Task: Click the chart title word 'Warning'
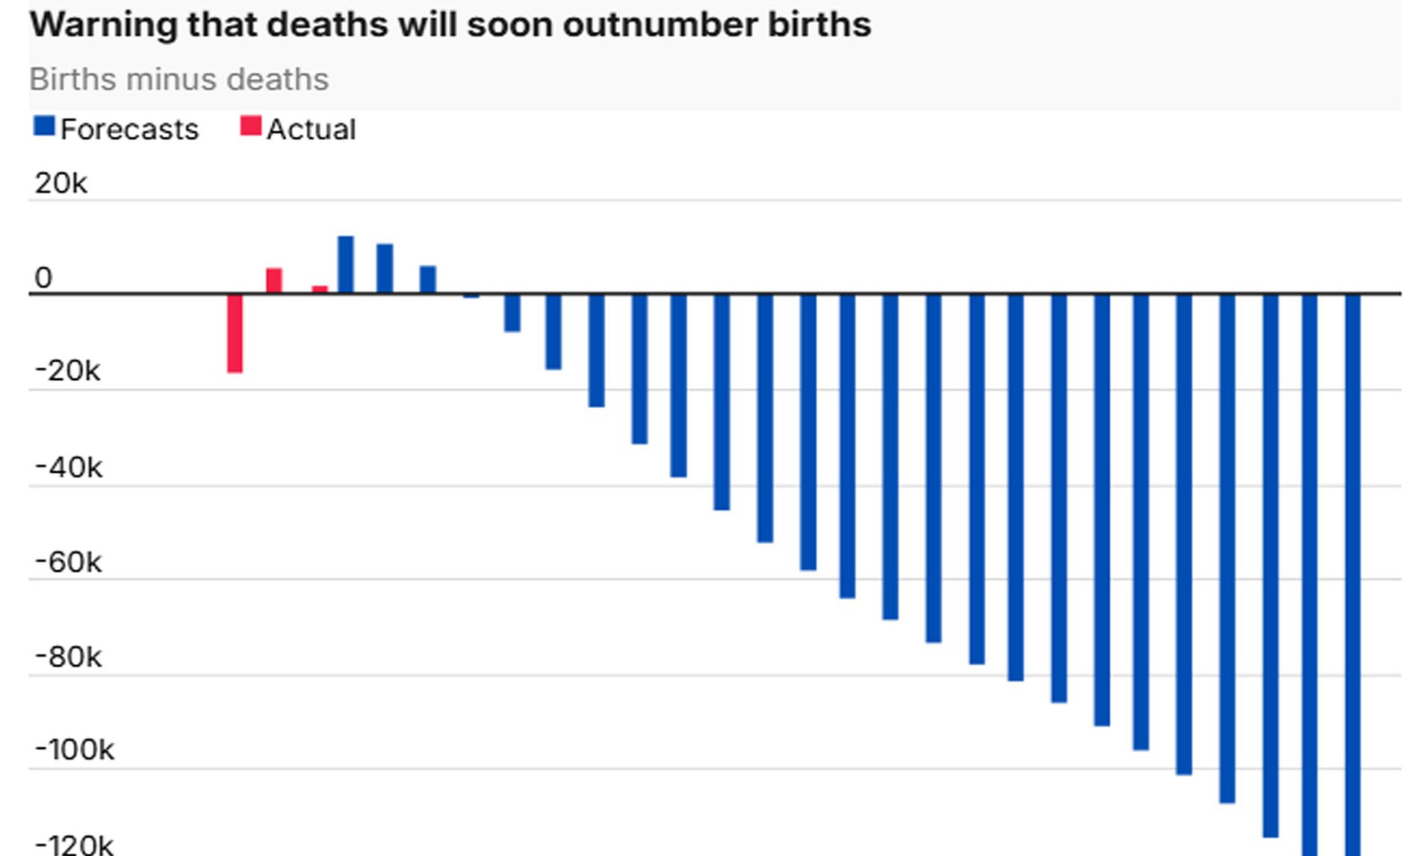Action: click(102, 25)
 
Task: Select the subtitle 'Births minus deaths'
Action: click(178, 79)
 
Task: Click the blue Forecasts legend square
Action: click(44, 126)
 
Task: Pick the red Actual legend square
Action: click(250, 126)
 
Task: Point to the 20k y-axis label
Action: click(60, 183)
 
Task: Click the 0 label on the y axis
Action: click(43, 278)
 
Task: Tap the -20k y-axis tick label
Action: click(67, 370)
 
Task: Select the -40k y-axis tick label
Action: click(69, 468)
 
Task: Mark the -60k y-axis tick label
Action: click(68, 562)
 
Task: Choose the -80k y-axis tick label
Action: click(68, 657)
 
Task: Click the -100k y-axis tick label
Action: click(75, 750)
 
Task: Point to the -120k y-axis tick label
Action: click(74, 845)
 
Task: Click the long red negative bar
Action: click(235, 333)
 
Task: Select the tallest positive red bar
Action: click(274, 281)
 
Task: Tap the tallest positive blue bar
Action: click(345, 264)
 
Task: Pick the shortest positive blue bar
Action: click(427, 279)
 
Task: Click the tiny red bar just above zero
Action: click(320, 289)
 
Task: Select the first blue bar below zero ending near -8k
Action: click(512, 313)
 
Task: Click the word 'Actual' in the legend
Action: click(311, 129)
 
